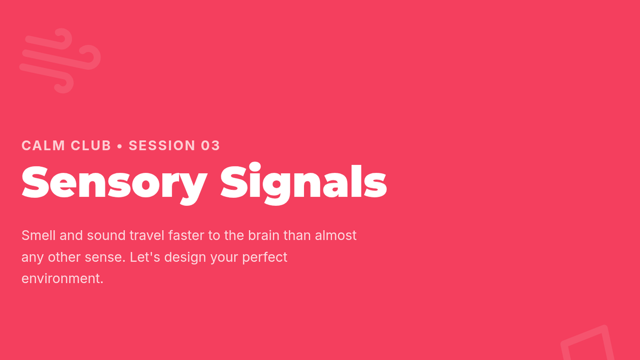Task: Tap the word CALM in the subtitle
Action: pos(43,146)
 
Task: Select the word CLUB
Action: pos(91,146)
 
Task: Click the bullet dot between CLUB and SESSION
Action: pos(119,146)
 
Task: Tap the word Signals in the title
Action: pos(303,183)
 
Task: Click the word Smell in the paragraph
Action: pos(38,235)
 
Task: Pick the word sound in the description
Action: pos(106,235)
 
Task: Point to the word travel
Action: pos(147,235)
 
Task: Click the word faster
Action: pos(186,235)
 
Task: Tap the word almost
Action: pos(335,235)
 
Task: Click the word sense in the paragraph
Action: pos(105,257)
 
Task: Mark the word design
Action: pos(185,258)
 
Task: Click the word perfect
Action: pos(265,258)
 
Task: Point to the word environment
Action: pos(62,278)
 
